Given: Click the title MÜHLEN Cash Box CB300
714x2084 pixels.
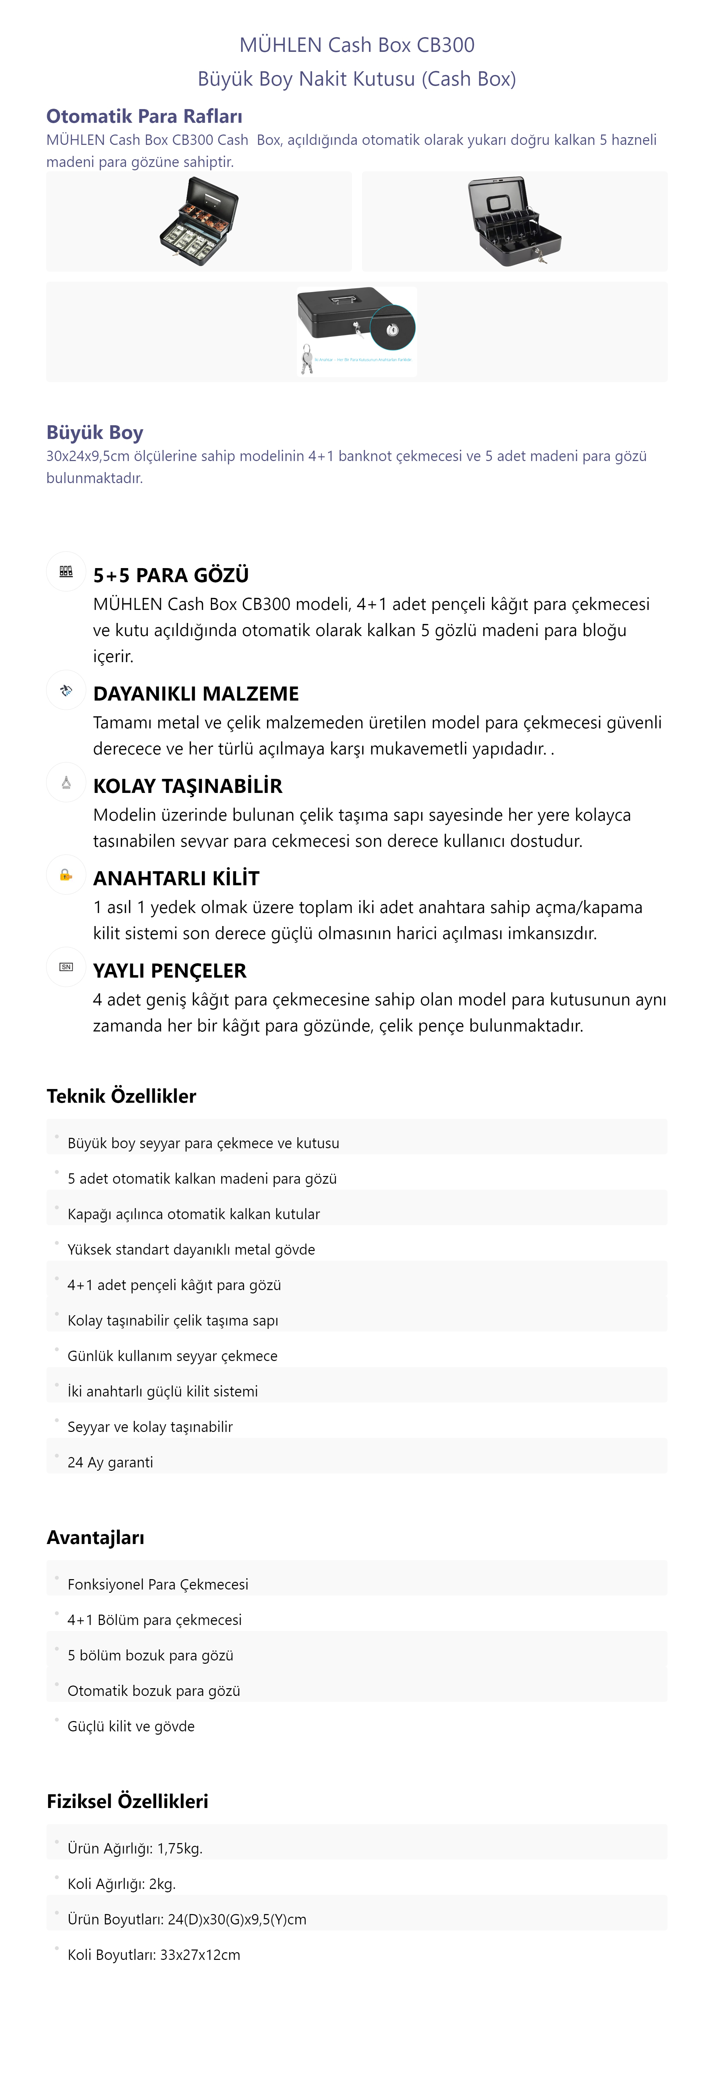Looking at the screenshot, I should [x=357, y=45].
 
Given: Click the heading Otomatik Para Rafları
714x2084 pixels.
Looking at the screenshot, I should [x=144, y=116].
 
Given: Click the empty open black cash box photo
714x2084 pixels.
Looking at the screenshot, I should [x=514, y=220].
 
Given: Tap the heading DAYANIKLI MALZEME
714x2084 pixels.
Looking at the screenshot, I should [x=196, y=693].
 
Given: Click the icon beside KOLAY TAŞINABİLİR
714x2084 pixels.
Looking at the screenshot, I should [x=66, y=782].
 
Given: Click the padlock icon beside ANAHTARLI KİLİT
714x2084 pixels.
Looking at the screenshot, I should [x=66, y=875].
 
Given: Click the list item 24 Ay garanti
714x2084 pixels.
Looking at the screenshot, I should [x=110, y=1462].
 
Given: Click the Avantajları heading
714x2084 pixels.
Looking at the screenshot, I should [x=95, y=1537].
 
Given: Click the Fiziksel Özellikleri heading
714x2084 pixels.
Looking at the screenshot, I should [x=127, y=1801].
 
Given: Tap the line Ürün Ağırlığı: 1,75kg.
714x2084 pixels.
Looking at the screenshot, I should [x=135, y=1848].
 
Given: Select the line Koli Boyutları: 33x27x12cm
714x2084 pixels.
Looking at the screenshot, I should [x=154, y=1955].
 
